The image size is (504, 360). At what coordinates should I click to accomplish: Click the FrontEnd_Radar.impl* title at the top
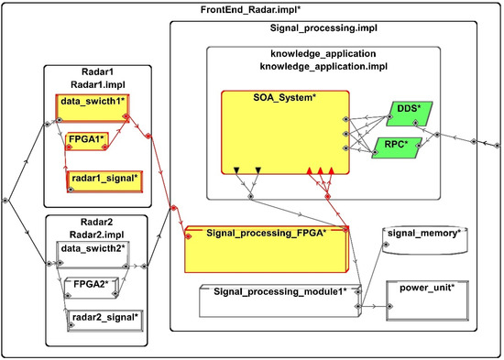tap(249, 8)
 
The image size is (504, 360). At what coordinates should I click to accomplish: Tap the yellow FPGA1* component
tap(89, 140)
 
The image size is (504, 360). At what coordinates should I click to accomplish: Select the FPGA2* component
tap(88, 285)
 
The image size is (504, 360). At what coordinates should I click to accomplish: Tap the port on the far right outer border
tap(498, 144)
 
